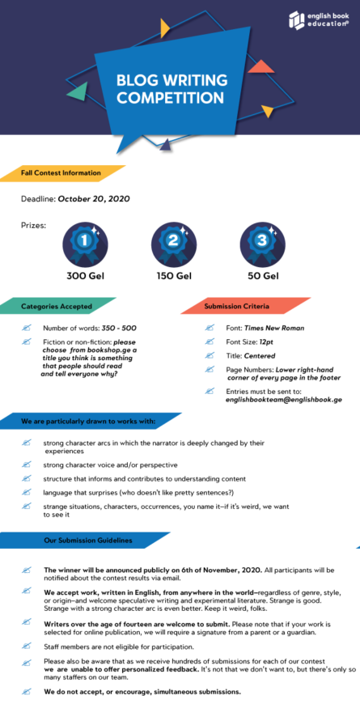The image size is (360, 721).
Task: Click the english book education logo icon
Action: click(297, 19)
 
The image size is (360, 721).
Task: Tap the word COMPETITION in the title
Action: click(170, 97)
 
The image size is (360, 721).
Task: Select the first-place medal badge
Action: click(85, 244)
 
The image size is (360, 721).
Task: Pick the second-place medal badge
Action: click(174, 244)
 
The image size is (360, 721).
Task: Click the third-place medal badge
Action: click(263, 244)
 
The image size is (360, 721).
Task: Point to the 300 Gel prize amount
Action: click(85, 277)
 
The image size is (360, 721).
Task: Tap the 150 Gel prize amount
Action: click(174, 277)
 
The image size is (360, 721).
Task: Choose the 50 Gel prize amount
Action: click(263, 277)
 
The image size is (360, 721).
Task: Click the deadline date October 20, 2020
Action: click(94, 199)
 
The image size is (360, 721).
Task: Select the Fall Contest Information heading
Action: click(61, 173)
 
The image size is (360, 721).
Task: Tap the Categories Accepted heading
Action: click(57, 306)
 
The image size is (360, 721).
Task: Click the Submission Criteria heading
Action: click(237, 306)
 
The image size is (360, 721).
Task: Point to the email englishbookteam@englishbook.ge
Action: click(284, 400)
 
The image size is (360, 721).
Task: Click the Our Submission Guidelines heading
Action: click(88, 541)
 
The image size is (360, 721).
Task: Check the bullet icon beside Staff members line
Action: click(26, 647)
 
